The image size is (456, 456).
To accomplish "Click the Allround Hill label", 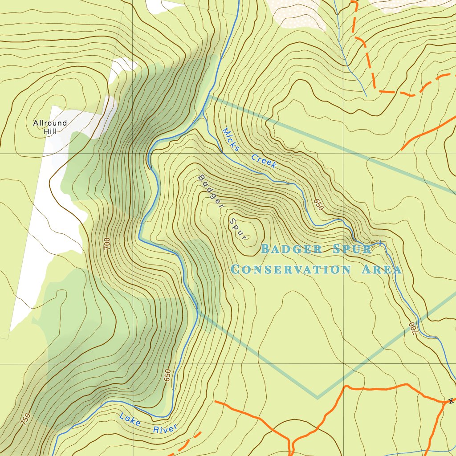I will point(50,127).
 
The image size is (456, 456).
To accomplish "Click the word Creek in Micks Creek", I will point(264,161).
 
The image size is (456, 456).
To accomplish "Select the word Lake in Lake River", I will point(130,419).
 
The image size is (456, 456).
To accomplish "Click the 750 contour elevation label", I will point(26,419).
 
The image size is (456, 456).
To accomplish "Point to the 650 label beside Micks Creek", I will point(318,204).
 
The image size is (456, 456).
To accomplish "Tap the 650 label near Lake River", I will point(167,375).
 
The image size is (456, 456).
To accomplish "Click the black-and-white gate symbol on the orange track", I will point(451,401).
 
